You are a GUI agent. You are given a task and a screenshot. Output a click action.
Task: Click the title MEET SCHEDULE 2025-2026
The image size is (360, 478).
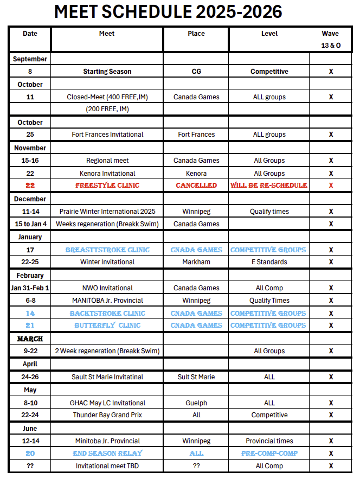[168, 12]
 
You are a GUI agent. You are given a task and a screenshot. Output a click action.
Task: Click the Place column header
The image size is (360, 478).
[196, 34]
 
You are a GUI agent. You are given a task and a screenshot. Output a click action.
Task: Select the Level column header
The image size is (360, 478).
[269, 34]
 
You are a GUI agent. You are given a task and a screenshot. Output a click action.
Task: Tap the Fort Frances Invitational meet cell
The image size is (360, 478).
[107, 135]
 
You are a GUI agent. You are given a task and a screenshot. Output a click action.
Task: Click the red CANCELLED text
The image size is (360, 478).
[196, 186]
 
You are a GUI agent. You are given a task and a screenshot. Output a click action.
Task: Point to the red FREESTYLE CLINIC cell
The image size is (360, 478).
[107, 186]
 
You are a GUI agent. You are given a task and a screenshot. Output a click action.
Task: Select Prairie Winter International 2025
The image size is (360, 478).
[107, 212]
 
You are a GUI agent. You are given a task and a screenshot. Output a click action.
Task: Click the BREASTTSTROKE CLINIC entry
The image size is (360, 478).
[107, 250]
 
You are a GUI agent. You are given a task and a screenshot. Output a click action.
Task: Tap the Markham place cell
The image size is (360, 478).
[196, 262]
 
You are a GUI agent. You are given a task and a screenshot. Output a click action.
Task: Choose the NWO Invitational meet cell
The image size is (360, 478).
[107, 288]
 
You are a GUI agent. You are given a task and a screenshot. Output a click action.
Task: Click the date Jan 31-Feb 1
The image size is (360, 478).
[30, 288]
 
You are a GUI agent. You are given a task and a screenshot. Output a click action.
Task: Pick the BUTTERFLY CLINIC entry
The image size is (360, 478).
[107, 326]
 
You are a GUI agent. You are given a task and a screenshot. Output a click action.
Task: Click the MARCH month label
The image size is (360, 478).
[30, 339]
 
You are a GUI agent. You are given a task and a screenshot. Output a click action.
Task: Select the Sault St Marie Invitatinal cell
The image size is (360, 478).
[107, 377]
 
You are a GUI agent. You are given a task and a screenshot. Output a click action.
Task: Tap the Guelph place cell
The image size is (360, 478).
[196, 403]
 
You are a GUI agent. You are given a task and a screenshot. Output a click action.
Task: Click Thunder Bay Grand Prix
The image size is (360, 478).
[107, 415]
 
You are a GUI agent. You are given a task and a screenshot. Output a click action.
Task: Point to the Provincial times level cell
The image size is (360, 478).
[269, 441]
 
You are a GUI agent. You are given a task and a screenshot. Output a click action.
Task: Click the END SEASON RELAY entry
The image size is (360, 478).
[107, 454]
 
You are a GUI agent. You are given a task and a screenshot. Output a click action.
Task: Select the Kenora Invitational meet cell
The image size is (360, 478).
[107, 174]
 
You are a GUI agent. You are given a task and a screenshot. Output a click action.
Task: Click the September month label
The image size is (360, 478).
[30, 59]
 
